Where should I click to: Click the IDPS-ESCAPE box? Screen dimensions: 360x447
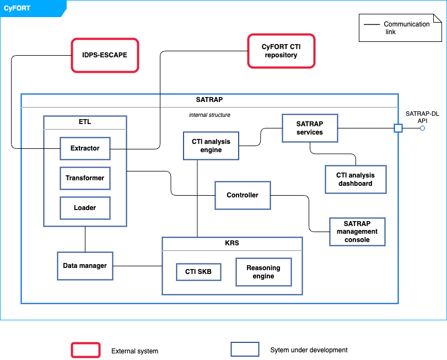[x=105, y=55]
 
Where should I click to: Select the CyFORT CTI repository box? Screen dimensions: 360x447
[x=281, y=51]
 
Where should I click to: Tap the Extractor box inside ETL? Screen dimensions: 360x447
[x=85, y=148]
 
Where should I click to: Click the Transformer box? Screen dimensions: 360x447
[x=85, y=178]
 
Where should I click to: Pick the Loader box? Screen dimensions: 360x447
[x=85, y=208]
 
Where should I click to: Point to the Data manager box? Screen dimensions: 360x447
[x=85, y=266]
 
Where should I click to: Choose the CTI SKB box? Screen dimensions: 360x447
[x=198, y=272]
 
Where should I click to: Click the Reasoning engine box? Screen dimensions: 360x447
[x=263, y=272]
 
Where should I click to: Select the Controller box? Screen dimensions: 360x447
[x=243, y=195]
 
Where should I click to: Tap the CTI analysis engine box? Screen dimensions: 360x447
[x=211, y=146]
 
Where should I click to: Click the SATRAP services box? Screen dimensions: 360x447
[x=310, y=128]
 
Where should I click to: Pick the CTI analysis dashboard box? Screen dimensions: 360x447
[x=356, y=179]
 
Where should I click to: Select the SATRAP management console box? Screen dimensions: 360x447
[x=357, y=232]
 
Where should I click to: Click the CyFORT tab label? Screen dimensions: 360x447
[x=17, y=8]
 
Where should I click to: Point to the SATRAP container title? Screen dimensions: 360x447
[x=209, y=100]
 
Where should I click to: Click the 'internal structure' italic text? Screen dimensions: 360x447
[x=209, y=115]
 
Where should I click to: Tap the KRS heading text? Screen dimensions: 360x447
[x=232, y=243]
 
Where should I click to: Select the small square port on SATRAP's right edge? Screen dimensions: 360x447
[x=398, y=128]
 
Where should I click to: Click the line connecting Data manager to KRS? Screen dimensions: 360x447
[x=138, y=266]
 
